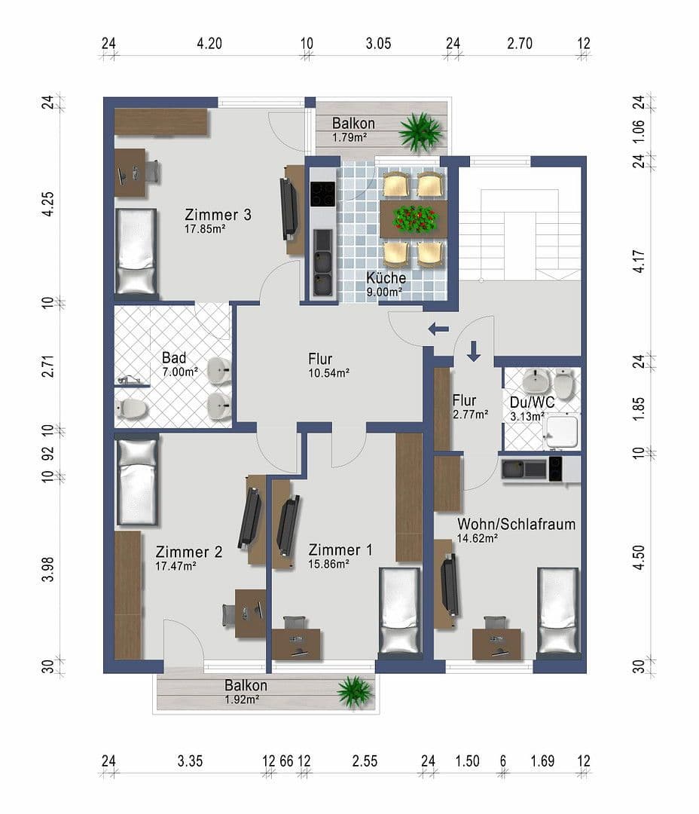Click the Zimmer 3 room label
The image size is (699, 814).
218,215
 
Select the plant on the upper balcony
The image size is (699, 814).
420,131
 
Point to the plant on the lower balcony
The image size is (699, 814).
355,692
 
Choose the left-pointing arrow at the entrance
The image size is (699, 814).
438,329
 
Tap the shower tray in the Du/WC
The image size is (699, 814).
561,432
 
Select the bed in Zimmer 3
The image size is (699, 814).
136,251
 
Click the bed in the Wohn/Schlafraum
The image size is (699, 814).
557,611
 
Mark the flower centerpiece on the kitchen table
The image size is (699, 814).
414,219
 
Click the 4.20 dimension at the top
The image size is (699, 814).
209,44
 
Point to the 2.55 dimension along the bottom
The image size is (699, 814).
365,761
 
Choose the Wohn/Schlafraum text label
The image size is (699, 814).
516,524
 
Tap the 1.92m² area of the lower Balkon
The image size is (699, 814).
242,699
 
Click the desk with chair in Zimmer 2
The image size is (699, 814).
249,613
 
